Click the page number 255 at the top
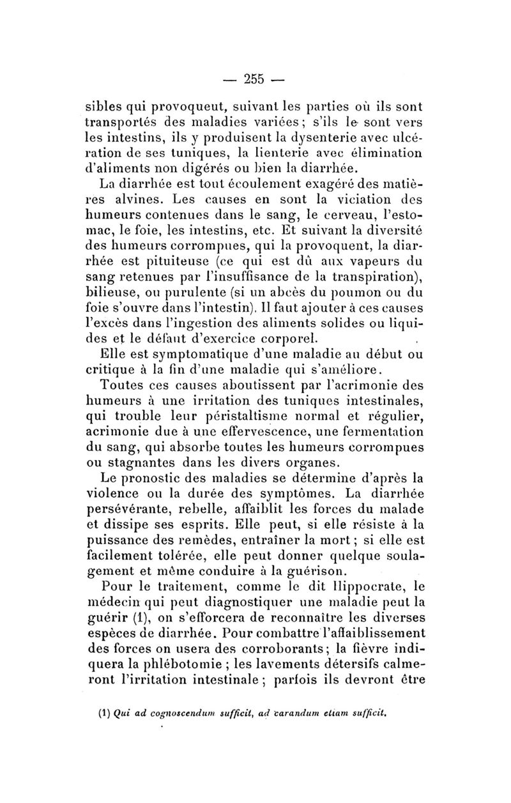click(254, 79)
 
